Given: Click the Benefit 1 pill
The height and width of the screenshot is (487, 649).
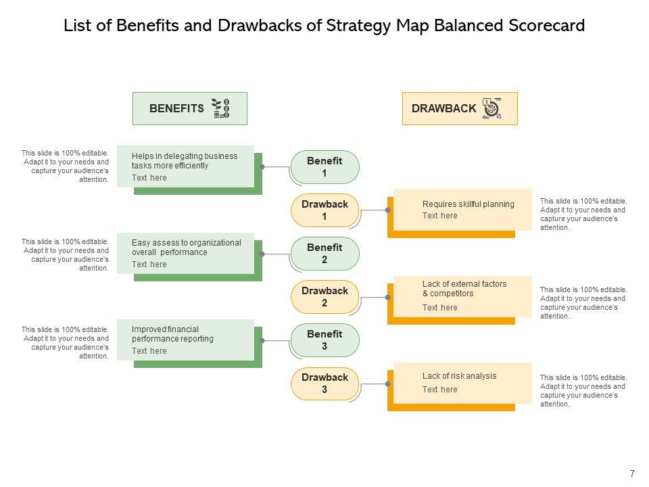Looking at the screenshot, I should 325,167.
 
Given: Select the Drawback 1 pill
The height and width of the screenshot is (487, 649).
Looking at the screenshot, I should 324,210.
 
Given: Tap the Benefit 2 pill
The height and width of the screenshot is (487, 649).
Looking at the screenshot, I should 325,254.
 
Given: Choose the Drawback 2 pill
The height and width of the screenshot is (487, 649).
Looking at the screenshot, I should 324,297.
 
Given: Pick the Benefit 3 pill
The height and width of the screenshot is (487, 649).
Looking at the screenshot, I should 325,340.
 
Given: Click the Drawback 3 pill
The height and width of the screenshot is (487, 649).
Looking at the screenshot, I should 324,384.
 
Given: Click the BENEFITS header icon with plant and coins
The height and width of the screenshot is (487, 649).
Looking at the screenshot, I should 221,108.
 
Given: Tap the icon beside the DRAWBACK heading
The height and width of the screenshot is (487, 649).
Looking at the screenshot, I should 491,108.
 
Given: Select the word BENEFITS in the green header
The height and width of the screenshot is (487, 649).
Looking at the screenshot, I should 176,108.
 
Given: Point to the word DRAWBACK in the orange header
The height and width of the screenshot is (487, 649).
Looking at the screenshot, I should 443,108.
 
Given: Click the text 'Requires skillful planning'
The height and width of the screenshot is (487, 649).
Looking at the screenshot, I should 468,204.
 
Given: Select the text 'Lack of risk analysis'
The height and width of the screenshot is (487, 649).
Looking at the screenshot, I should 459,376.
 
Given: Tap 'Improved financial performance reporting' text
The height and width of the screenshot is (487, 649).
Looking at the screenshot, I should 172,334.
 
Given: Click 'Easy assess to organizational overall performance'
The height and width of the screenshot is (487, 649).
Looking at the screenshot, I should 186,248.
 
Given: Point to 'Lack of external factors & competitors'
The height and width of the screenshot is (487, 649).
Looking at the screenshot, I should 464,289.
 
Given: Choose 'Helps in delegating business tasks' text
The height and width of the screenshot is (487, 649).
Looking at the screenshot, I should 185,161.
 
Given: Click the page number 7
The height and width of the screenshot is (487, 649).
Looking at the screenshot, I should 632,473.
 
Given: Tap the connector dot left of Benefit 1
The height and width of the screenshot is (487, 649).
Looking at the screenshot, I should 262,167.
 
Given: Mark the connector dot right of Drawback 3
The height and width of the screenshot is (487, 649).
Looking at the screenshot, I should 387,384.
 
